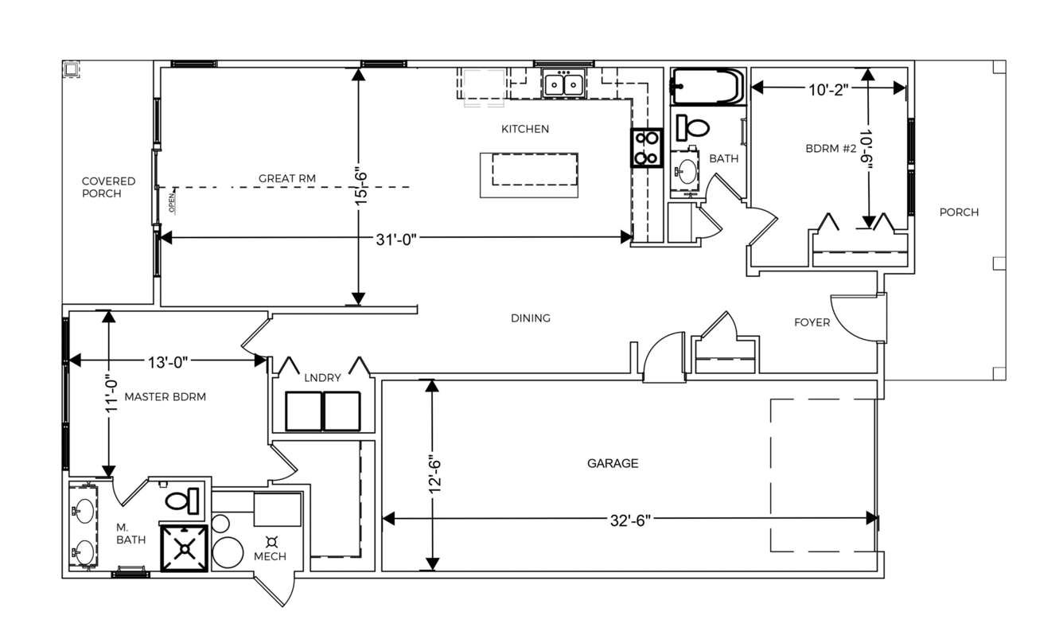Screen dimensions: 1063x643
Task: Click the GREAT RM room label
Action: [x=286, y=178]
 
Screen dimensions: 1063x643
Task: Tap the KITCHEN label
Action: [x=525, y=129]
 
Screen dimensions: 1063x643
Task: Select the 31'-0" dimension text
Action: [x=395, y=240]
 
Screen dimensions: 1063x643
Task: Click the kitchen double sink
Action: [x=564, y=84]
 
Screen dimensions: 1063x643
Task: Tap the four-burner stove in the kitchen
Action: [x=646, y=147]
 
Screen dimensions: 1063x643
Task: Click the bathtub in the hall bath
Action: [x=707, y=86]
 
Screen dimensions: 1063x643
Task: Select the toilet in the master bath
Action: [x=181, y=501]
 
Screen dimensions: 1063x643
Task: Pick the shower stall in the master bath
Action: [x=184, y=548]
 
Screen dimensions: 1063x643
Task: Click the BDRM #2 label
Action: [x=831, y=149]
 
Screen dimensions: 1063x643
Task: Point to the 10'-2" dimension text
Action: [x=828, y=90]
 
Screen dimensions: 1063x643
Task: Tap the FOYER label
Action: [x=812, y=322]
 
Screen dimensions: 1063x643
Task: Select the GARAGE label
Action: [x=613, y=463]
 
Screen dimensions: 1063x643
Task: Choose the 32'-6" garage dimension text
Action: [x=629, y=521]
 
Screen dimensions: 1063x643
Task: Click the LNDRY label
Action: [x=323, y=378]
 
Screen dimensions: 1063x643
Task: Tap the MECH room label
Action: [x=270, y=556]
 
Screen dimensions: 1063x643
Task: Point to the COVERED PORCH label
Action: [x=109, y=187]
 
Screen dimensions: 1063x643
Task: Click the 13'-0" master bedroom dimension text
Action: [x=168, y=363]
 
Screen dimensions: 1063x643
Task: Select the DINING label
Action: [x=531, y=318]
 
